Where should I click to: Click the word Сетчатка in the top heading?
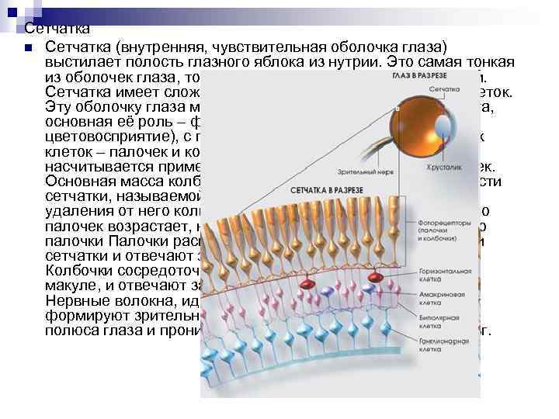[x=46, y=29]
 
